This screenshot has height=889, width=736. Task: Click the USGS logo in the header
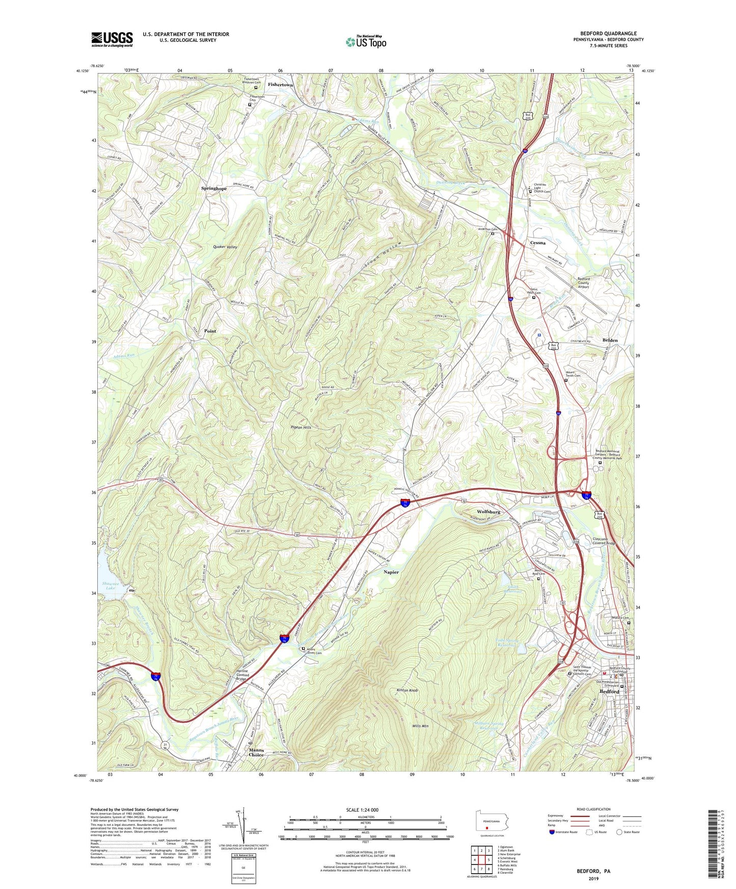pos(112,39)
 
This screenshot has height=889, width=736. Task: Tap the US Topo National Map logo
pos(366,42)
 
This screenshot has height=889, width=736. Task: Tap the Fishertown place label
pos(280,85)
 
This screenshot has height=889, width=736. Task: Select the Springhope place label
pos(213,188)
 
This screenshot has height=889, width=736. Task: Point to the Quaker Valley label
pos(225,246)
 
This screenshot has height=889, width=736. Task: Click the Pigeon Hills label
pos(301,427)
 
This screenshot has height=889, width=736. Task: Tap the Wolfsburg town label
pos(488,511)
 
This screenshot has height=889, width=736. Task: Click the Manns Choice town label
pos(256,752)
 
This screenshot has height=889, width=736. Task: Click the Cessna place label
pos(537,243)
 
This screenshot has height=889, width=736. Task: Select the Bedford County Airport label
pos(583,283)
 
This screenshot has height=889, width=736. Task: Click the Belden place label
pos(610,340)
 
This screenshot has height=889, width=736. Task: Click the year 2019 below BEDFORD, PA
pos(593,879)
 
